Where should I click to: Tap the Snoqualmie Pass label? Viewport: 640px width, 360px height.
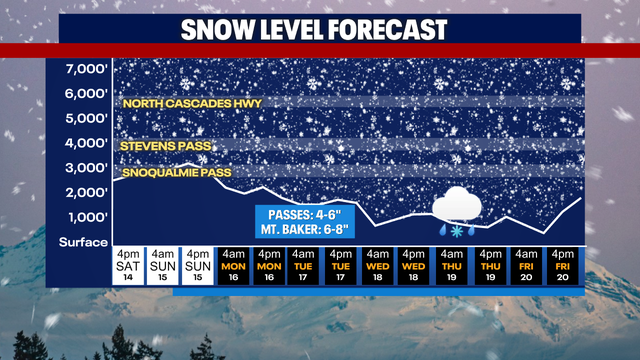[176, 173]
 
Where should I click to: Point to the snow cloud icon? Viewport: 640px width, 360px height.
[459, 206]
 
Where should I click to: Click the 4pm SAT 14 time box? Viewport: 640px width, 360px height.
[126, 265]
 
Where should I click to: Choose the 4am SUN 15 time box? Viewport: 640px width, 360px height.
[161, 265]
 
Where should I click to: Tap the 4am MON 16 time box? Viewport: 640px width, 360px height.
[234, 265]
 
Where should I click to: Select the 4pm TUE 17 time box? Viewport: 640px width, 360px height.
[341, 265]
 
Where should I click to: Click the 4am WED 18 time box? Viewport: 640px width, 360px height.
[378, 265]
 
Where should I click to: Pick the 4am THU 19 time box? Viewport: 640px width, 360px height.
[451, 265]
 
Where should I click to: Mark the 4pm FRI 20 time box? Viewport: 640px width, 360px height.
[563, 265]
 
